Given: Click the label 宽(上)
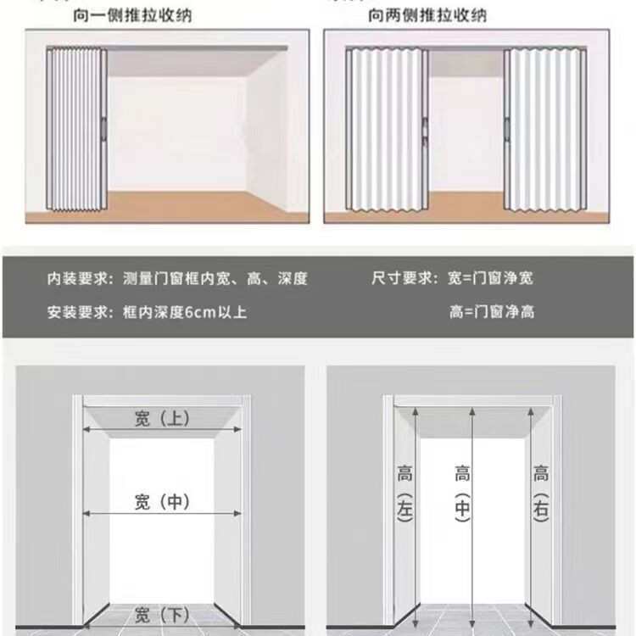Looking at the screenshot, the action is click(161, 418).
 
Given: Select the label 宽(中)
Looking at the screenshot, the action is click(161, 501).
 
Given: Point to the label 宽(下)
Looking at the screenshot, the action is click(161, 616).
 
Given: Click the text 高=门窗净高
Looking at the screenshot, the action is click(492, 311).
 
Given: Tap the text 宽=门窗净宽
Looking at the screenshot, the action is click(492, 278).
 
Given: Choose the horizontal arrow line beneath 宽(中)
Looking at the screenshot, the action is click(161, 514).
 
